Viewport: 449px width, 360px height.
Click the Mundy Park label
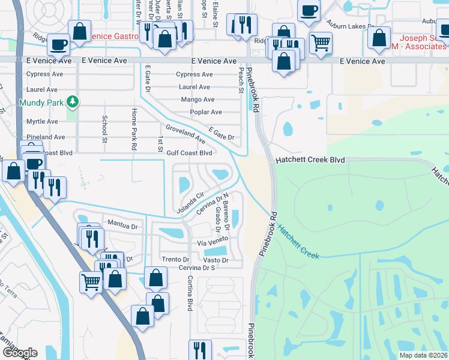[41, 103]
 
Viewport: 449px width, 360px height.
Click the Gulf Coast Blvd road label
[189, 153]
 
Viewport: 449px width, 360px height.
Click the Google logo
[19, 353]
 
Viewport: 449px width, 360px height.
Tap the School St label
[104, 125]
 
